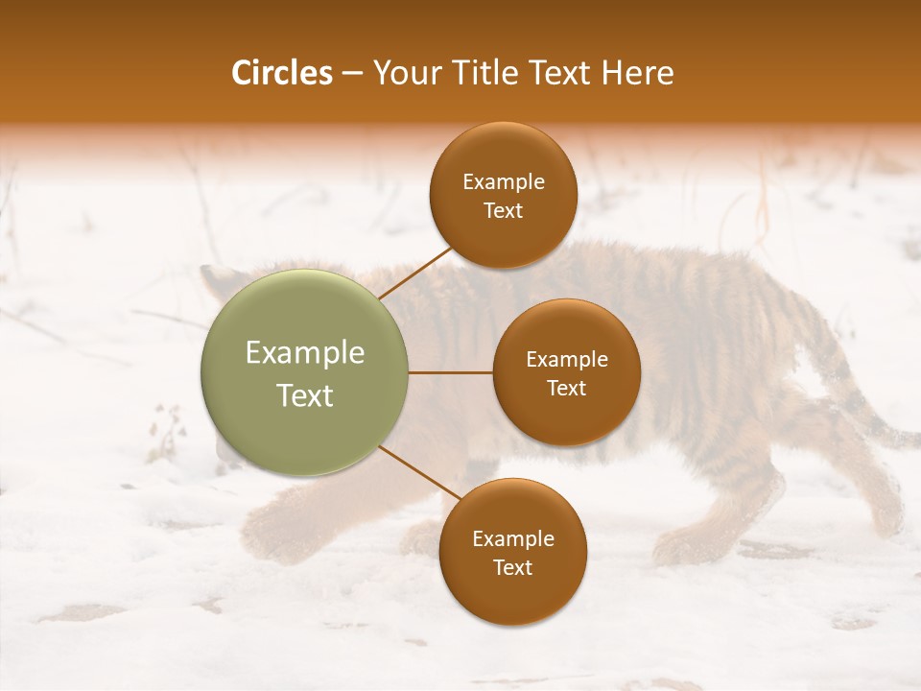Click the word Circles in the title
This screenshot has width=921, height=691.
point(282,73)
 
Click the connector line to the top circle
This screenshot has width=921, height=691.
point(415,274)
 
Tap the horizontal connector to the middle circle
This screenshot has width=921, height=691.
point(450,372)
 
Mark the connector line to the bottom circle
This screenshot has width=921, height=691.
point(419,471)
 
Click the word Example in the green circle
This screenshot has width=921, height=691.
point(305,353)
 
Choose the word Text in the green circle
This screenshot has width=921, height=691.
point(305,395)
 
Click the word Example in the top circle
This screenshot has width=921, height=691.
point(504,182)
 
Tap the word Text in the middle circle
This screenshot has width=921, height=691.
point(566,388)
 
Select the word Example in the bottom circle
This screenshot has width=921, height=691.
point(513,538)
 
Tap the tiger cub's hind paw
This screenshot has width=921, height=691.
point(681,547)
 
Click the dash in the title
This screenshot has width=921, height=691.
point(352,73)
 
